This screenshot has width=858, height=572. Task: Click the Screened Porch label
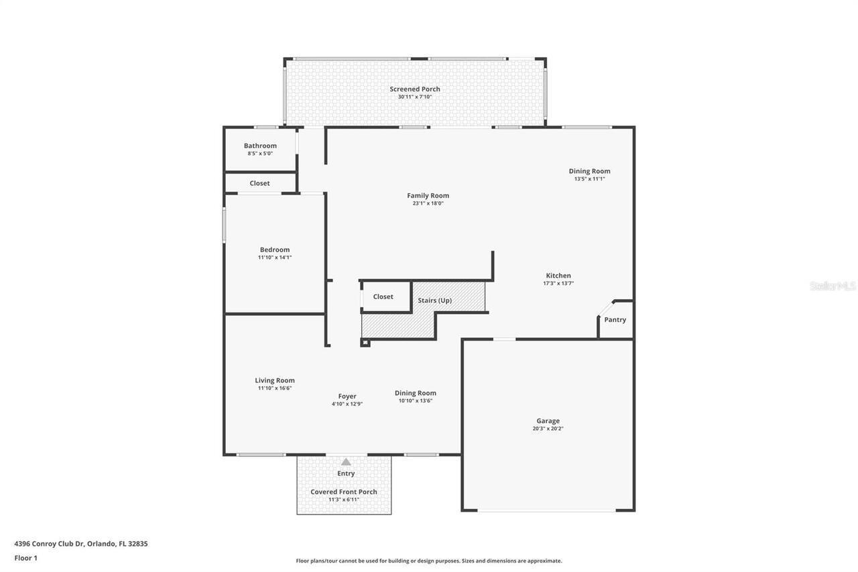point(415,89)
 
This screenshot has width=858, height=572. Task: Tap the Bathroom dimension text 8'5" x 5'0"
point(260,154)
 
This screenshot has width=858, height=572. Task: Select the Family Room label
point(428,196)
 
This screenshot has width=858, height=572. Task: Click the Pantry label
point(615,320)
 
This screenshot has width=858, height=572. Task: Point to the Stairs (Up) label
point(434,300)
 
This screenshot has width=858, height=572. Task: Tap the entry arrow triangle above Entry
point(346,462)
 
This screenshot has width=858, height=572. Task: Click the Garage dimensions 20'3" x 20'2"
point(548,428)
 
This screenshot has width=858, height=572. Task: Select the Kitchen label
point(558,276)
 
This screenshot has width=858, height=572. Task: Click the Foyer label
point(347,396)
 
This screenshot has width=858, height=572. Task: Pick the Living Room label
point(275,380)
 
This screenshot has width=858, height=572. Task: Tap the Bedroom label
point(275,249)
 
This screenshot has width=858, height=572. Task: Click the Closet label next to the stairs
point(383,296)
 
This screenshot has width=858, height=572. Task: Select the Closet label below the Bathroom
point(259,183)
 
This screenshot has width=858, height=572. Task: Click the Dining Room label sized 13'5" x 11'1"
point(589,171)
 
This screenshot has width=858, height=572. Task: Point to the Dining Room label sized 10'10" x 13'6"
point(415,393)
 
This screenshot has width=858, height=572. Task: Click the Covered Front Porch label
point(344,492)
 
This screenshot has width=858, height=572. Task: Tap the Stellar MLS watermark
point(833,286)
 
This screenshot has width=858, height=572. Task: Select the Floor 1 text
point(25,558)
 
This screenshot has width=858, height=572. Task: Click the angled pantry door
point(605,308)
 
